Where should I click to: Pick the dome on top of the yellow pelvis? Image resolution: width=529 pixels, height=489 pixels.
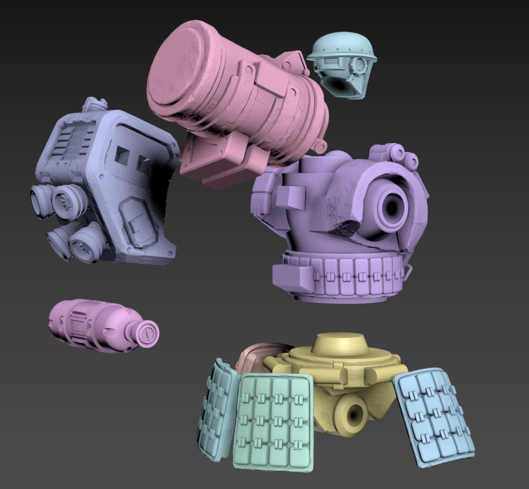[341, 343]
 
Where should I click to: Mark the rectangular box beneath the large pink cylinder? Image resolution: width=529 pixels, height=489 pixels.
[222, 160]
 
